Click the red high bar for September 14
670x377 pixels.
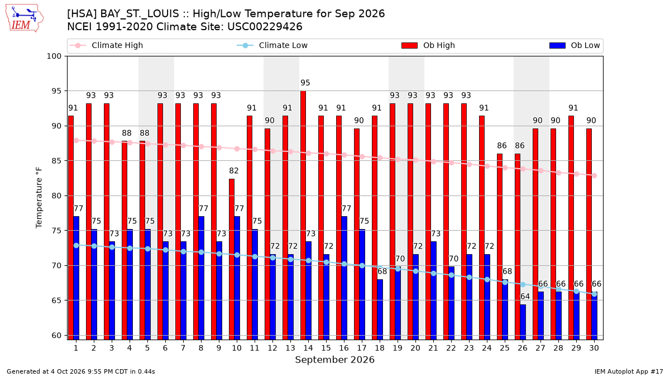(x=303, y=215)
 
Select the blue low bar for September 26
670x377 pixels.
(x=523, y=322)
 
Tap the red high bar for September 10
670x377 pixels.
(x=232, y=259)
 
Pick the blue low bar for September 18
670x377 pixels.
(x=380, y=309)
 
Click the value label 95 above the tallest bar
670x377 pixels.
(x=305, y=83)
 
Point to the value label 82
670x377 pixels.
(x=233, y=170)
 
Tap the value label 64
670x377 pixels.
(x=525, y=296)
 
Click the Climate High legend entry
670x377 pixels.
(x=107, y=45)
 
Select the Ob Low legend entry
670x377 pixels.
(x=575, y=45)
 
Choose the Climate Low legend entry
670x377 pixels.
(x=272, y=45)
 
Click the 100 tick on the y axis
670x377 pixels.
(x=54, y=56)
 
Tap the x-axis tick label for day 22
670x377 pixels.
(x=451, y=348)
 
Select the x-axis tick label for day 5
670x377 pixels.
(x=147, y=348)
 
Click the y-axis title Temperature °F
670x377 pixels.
(x=39, y=198)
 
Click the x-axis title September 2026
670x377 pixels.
(x=334, y=360)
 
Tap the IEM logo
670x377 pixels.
(x=25, y=18)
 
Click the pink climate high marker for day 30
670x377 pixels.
(x=594, y=175)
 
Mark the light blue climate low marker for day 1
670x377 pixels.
(x=76, y=245)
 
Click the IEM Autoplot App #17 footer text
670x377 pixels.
(x=629, y=371)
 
